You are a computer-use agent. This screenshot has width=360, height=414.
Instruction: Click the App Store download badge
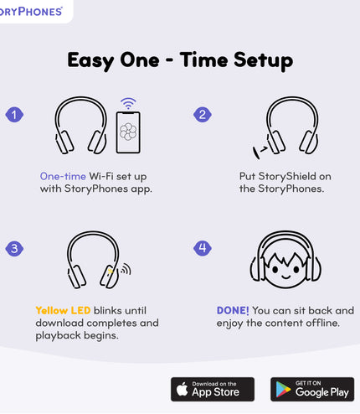pos(213,389)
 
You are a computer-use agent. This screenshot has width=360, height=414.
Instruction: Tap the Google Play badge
pos(311,389)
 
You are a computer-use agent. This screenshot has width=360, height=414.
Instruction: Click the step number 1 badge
pos(13,115)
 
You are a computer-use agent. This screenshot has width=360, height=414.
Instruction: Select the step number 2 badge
pos(201,115)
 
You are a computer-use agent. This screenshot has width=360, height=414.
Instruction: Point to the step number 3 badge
pos(13,248)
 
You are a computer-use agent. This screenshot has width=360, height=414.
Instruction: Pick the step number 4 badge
pos(201,248)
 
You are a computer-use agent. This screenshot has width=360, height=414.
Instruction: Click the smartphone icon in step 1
pos(128,132)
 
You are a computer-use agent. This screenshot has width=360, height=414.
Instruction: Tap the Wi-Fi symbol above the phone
pos(128,103)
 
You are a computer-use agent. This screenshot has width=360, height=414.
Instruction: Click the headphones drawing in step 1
pos(80,127)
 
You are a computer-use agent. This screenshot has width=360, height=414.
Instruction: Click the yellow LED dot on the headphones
pos(110,271)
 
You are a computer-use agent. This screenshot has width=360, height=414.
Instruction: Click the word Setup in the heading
pos(260,60)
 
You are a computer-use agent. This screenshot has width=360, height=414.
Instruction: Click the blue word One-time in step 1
pos(63,176)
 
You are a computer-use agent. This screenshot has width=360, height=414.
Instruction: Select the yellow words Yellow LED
pos(63,310)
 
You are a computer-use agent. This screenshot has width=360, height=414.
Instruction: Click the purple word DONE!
pos(233,310)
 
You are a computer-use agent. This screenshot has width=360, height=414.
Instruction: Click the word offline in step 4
pos(319,323)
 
